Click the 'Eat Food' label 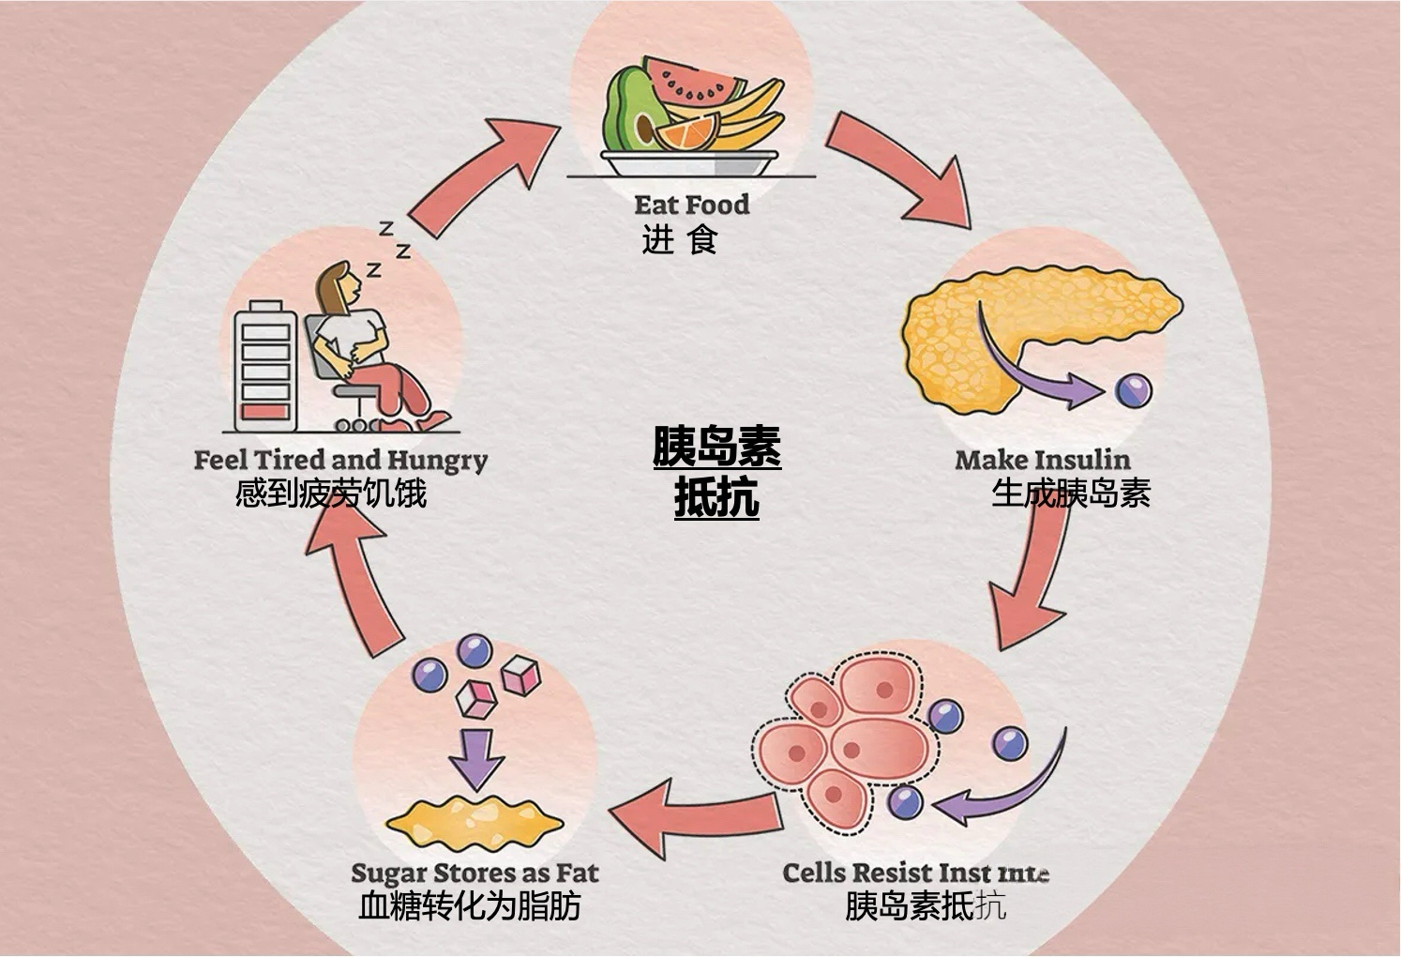(691, 205)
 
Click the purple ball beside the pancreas (1133, 390)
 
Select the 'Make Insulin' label (1042, 460)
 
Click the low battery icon (266, 366)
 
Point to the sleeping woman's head (338, 286)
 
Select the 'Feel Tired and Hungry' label (340, 461)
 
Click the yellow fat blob (475, 820)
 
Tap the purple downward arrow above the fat (475, 756)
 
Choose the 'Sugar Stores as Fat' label (475, 873)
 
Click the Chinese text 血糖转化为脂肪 (470, 906)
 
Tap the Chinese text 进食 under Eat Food (679, 240)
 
